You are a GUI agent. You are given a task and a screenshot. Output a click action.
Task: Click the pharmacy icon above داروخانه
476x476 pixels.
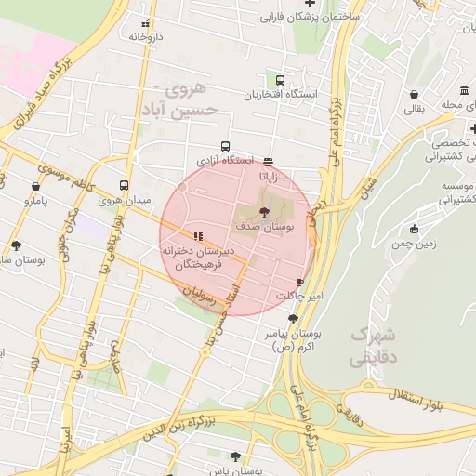144,23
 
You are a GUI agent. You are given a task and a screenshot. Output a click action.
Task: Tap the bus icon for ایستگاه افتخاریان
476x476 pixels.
282,80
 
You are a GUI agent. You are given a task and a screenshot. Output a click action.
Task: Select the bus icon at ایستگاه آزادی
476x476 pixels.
225,146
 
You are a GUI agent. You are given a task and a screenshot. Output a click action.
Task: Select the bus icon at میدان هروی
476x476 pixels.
125,185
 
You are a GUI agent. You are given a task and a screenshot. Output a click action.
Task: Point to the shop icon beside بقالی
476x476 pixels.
412,94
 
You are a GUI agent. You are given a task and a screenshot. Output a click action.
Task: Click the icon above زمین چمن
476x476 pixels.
414,229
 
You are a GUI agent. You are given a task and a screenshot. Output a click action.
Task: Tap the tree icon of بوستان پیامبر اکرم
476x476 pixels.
292,319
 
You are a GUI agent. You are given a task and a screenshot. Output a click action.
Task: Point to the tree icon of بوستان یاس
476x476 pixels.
233,456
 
